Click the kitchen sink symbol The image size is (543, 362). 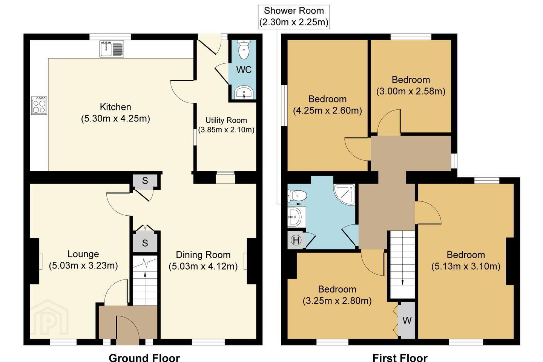(x=112, y=49)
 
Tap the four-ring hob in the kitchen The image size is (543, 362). (x=39, y=106)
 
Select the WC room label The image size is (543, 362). (x=244, y=70)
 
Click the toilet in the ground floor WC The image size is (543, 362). (x=244, y=49)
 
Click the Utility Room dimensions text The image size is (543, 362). (x=226, y=130)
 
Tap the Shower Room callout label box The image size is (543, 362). (x=294, y=17)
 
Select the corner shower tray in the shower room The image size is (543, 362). (x=344, y=195)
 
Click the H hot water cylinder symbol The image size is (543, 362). (x=296, y=240)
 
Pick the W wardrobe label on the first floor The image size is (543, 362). (x=407, y=321)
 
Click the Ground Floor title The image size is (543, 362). (x=144, y=357)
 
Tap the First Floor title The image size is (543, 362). (x=400, y=357)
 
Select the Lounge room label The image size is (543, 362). (x=83, y=254)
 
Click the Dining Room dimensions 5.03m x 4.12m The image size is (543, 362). (x=203, y=266)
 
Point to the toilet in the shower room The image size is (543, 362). (x=297, y=196)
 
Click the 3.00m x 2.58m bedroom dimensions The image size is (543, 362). (x=411, y=91)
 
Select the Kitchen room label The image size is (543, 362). (x=115, y=107)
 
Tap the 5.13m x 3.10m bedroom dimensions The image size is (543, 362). (x=466, y=267)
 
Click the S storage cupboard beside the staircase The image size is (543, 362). (x=145, y=243)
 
